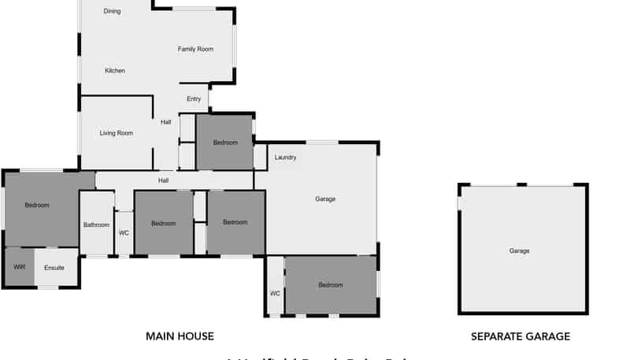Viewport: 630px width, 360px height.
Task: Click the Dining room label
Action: point(112,11)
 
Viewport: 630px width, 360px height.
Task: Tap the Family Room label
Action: point(195,50)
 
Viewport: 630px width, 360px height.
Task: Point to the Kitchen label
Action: point(115,71)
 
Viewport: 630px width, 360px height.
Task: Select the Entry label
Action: point(194,99)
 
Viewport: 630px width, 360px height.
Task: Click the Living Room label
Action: point(117,133)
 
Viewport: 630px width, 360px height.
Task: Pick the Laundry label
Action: point(285,158)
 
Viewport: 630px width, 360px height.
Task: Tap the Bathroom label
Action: point(97,225)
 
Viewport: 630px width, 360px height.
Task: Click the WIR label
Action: point(20,268)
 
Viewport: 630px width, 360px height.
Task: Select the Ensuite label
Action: point(54,269)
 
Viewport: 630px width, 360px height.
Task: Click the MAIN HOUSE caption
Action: point(180,336)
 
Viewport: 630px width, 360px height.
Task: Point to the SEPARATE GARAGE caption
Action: point(521,336)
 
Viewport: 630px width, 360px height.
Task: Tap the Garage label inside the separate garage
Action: point(519,251)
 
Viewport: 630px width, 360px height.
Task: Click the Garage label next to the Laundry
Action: point(325,199)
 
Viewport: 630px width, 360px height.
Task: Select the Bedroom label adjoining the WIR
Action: point(37,206)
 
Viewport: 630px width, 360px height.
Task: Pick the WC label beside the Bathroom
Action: point(124,233)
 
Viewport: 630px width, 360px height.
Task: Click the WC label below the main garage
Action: point(275,294)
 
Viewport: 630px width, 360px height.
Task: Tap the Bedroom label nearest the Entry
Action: point(225,143)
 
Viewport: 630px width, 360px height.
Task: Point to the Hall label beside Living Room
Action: point(165,122)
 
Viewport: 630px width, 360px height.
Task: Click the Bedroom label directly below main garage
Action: point(331,285)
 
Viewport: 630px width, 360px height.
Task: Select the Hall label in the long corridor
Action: point(163,180)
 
